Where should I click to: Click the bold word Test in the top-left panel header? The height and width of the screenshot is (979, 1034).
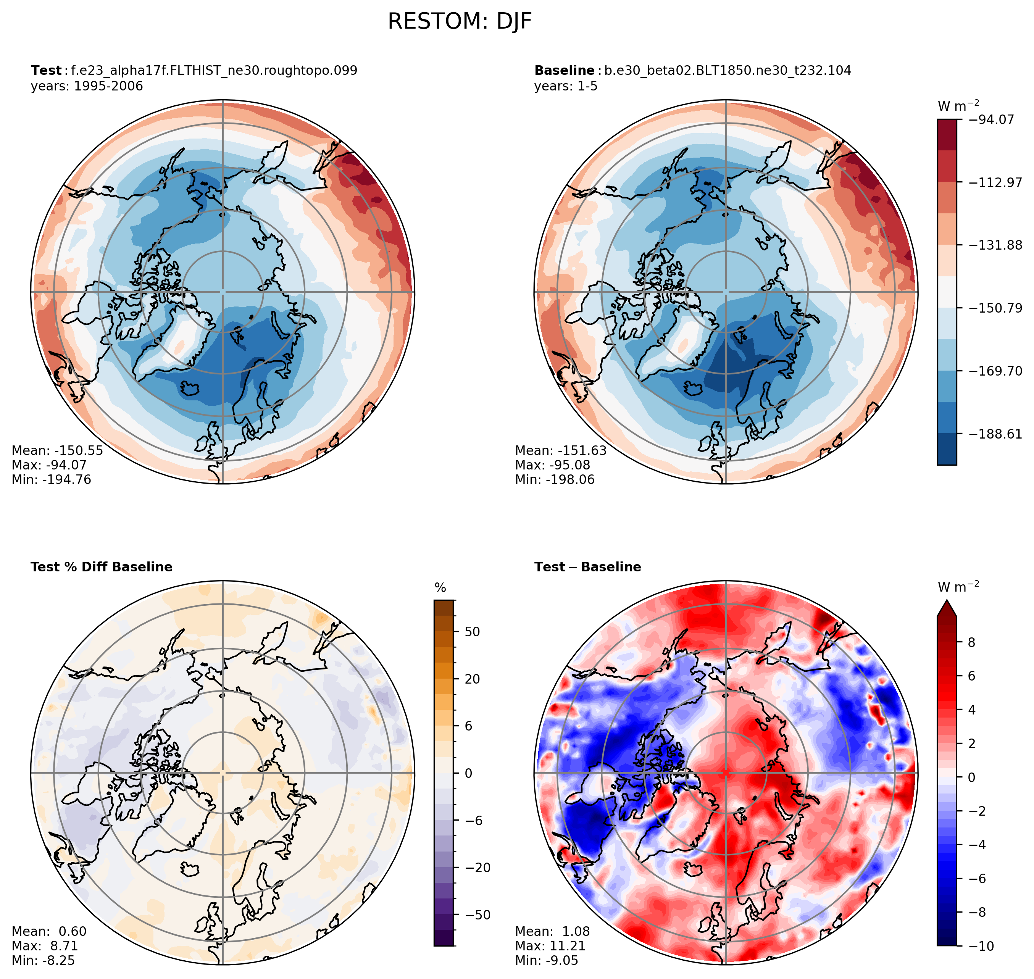tap(46, 71)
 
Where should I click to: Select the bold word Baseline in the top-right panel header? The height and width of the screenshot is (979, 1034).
tap(564, 71)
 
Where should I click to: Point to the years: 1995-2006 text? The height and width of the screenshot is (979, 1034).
tap(87, 86)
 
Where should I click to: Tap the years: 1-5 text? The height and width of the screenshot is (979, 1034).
tap(566, 86)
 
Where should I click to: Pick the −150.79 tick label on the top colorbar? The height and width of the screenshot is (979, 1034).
tap(995, 308)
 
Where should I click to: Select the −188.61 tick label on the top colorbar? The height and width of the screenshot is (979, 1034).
tap(995, 434)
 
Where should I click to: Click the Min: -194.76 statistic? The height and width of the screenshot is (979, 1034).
tap(51, 480)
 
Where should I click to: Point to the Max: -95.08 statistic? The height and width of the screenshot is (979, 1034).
tap(552, 465)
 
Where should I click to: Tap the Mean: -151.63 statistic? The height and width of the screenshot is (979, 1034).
tap(561, 450)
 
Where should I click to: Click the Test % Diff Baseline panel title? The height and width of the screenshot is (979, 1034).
tap(101, 567)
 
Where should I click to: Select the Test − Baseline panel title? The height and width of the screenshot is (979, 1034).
tap(588, 567)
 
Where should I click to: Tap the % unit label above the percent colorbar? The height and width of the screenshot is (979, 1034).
tap(440, 588)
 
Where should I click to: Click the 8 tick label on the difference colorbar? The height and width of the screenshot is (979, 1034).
tap(971, 642)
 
